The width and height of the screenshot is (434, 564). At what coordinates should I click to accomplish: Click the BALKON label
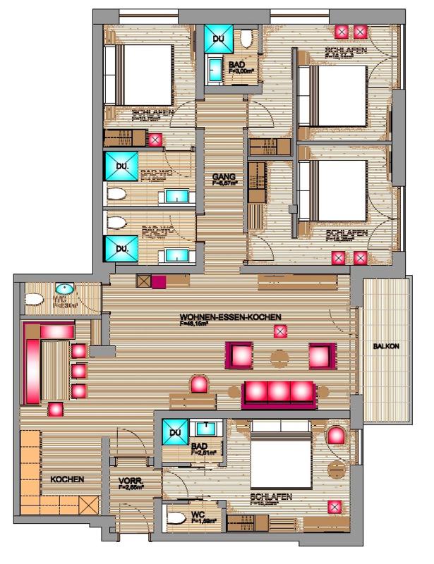click(x=387, y=346)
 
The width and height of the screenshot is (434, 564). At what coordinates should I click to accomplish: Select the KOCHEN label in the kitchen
click(x=67, y=479)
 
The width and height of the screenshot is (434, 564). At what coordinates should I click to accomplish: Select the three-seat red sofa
click(x=279, y=394)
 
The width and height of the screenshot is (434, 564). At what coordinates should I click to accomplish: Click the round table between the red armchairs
click(x=280, y=357)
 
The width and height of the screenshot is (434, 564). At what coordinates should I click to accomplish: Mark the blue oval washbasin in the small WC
click(x=64, y=290)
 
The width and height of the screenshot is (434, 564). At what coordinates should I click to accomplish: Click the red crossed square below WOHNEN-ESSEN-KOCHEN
click(x=281, y=331)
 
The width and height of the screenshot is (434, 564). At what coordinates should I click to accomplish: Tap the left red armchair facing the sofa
click(x=237, y=353)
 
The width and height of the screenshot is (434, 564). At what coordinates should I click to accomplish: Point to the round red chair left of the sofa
click(x=200, y=385)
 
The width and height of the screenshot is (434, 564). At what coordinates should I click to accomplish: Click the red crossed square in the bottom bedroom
click(x=334, y=506)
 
